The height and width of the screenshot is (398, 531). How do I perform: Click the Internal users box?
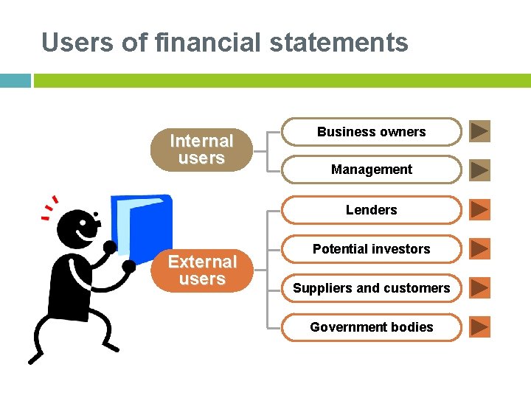tap(201, 150)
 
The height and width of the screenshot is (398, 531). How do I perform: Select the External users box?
tap(201, 270)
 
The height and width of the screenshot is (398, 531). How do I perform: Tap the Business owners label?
tap(371, 132)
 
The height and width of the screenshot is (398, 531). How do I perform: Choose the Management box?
tap(371, 170)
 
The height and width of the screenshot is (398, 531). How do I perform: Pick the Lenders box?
tap(371, 210)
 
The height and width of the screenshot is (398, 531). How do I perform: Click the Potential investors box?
tap(371, 249)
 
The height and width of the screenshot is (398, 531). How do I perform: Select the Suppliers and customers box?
tap(371, 288)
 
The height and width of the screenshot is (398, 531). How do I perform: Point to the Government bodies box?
tap(371, 327)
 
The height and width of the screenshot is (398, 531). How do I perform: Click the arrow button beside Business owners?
tap(479, 131)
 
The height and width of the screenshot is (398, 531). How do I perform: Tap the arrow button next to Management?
tap(479, 170)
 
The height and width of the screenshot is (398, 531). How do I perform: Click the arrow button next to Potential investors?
tap(479, 249)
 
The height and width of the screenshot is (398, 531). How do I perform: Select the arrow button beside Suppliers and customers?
tap(479, 287)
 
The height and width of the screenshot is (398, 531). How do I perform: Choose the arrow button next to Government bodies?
tap(479, 327)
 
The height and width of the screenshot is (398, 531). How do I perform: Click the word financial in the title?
tap(209, 43)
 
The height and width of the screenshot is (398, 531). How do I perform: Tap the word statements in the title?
tap(339, 43)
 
